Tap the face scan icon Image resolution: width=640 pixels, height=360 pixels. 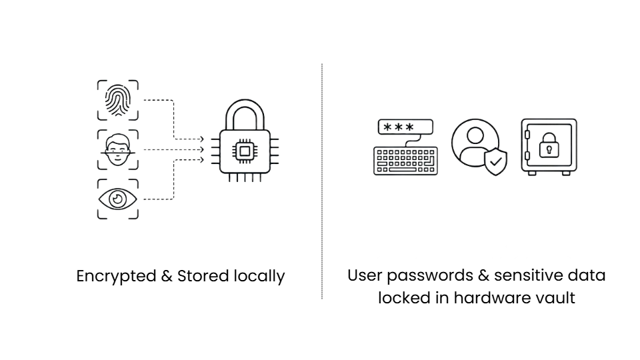pos(117,151)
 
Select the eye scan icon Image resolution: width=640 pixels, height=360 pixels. pos(117,199)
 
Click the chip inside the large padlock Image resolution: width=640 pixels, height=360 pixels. pos(245,151)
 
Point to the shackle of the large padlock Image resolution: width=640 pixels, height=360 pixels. pos(245,113)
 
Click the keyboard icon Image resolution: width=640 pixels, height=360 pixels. pos(405,161)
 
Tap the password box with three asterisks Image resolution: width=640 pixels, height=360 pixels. pos(405,127)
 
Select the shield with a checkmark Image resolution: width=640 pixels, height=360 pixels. pos(495,161)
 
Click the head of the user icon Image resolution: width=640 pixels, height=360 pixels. pos(474,135)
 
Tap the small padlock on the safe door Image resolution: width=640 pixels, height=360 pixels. pos(549,145)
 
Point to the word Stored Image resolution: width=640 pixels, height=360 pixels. pos(201,276)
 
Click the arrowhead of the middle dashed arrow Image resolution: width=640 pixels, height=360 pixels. pos(201,150)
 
